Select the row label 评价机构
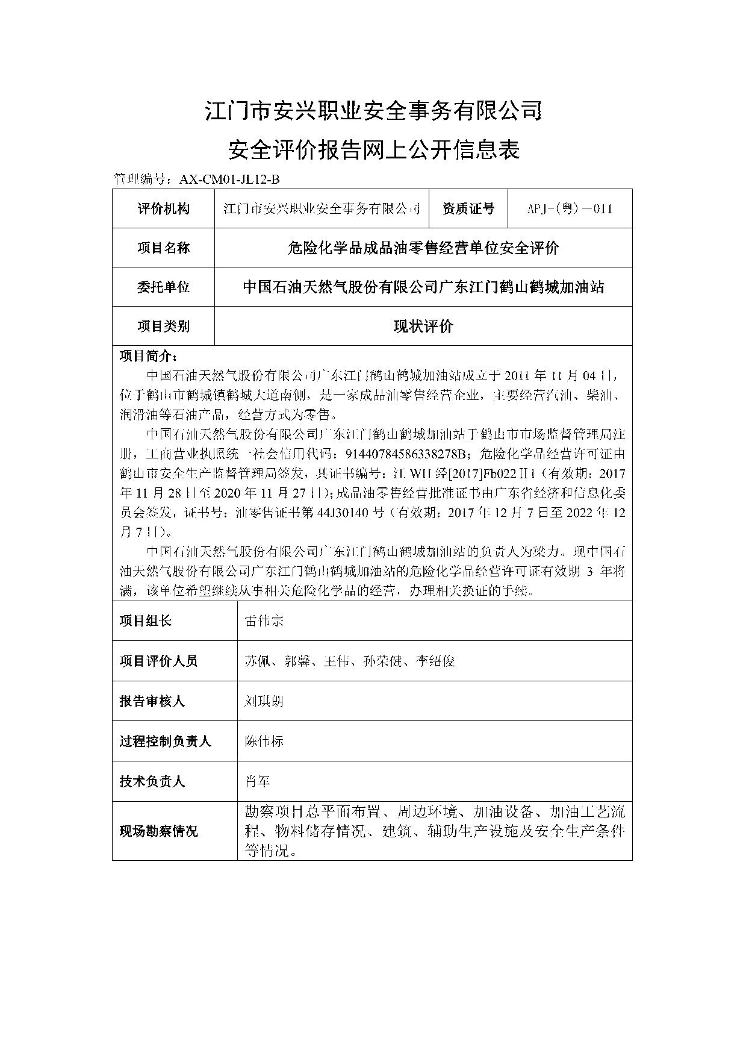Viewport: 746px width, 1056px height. [163, 208]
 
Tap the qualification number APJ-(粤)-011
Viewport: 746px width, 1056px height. [570, 208]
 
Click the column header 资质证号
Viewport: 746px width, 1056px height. [468, 208]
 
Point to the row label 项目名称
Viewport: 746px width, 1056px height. [163, 248]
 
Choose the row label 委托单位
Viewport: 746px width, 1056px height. [163, 287]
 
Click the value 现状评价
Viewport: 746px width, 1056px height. [423, 326]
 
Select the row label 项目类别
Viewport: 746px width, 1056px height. [163, 326]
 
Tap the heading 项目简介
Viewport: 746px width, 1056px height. [148, 355]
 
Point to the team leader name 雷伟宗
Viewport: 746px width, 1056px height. [264, 621]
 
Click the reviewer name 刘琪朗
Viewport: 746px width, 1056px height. [264, 701]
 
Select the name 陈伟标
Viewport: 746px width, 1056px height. [264, 741]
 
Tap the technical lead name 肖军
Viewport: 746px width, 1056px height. [258, 781]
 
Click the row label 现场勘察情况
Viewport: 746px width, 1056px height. [159, 831]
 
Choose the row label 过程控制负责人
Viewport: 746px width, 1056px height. [166, 741]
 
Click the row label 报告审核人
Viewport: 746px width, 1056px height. [152, 701]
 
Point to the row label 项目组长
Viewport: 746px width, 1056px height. [146, 621]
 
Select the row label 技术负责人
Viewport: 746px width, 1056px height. [152, 781]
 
